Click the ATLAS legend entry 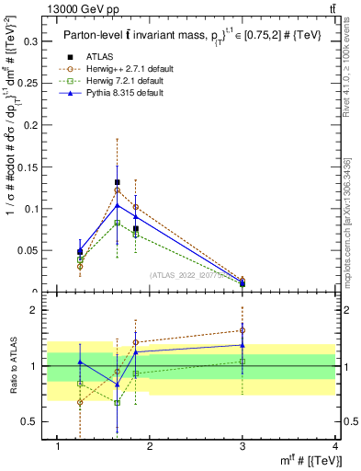click(100, 56)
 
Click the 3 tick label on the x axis click(243, 446)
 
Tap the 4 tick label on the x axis click(335, 446)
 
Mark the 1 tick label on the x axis click(58, 446)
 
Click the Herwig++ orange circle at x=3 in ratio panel click(243, 330)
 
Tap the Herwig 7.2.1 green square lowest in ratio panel click(118, 402)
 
